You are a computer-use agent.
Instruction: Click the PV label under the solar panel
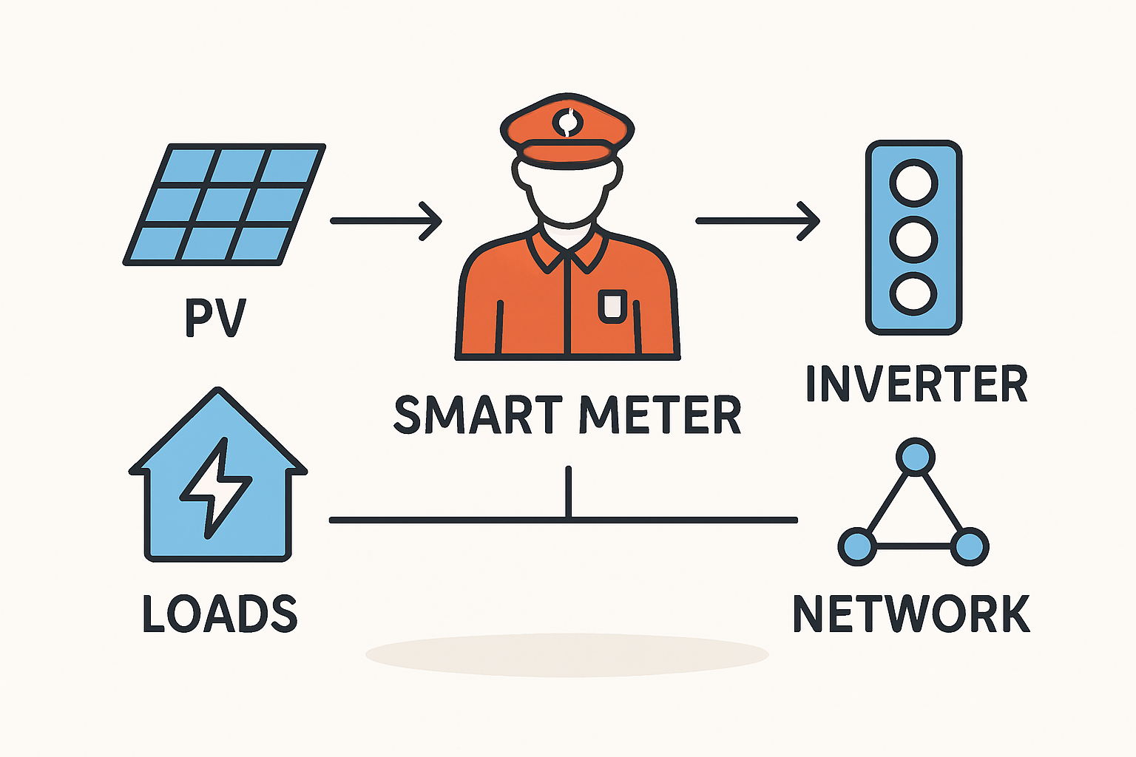tap(214, 318)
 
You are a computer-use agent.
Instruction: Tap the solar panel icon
tap(224, 204)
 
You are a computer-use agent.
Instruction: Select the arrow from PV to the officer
tap(385, 220)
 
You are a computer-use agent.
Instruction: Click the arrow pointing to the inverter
tap(757, 220)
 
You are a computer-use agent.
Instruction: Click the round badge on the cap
tap(567, 123)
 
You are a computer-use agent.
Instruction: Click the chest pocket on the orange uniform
tap(612, 305)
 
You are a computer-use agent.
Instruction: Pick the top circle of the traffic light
tap(913, 183)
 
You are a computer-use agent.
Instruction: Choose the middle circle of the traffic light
tap(913, 239)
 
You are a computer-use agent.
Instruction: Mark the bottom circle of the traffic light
tap(913, 293)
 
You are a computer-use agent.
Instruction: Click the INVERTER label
tap(916, 384)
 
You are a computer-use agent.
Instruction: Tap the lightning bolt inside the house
tap(215, 488)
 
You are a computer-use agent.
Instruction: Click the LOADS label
tap(220, 614)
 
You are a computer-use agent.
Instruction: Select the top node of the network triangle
tap(915, 456)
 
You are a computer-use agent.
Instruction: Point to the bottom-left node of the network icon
tap(857, 546)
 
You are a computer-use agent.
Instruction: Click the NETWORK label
tap(911, 614)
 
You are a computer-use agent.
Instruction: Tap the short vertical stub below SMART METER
tap(568, 492)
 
